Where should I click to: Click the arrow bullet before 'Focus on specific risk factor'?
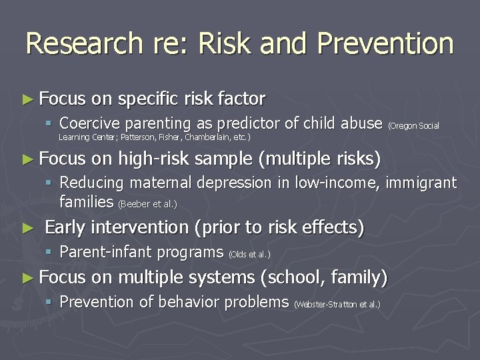(27, 99)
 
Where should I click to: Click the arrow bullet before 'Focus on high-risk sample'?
(27, 159)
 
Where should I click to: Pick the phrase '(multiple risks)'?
(319, 159)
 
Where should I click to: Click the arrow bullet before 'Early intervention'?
(27, 228)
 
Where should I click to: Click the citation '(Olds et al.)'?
(250, 254)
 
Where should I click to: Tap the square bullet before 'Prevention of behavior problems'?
(51, 302)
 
